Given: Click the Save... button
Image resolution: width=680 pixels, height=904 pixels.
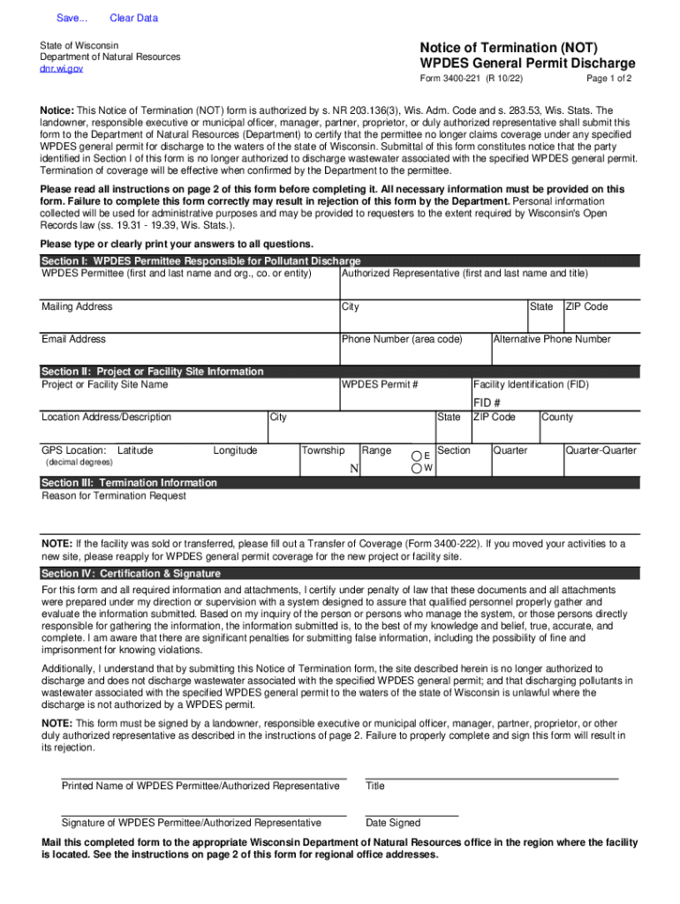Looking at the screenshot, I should point(66,18).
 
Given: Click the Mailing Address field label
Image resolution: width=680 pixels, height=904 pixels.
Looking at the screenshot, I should point(77,306).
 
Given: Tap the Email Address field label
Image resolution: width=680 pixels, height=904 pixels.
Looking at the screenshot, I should point(73,339).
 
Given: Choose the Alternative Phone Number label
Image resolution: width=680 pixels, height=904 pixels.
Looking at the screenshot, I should point(552,339).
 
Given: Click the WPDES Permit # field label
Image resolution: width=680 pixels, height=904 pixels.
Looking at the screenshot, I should point(380,385).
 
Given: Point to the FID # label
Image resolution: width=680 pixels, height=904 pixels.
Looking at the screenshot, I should point(487,403).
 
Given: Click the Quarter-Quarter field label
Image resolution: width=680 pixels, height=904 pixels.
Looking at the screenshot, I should point(601,450).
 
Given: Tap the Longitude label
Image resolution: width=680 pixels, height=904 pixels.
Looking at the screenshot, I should point(235,450).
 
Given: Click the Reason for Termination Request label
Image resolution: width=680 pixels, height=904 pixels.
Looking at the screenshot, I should point(114,496).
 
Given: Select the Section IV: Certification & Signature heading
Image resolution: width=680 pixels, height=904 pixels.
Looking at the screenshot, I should point(131,574).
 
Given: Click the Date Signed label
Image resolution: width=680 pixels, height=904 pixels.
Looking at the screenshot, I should point(393,823).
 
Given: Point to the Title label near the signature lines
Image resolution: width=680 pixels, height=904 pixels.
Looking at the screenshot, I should point(375,786).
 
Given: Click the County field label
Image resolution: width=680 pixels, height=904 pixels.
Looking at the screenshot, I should point(557,417).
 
